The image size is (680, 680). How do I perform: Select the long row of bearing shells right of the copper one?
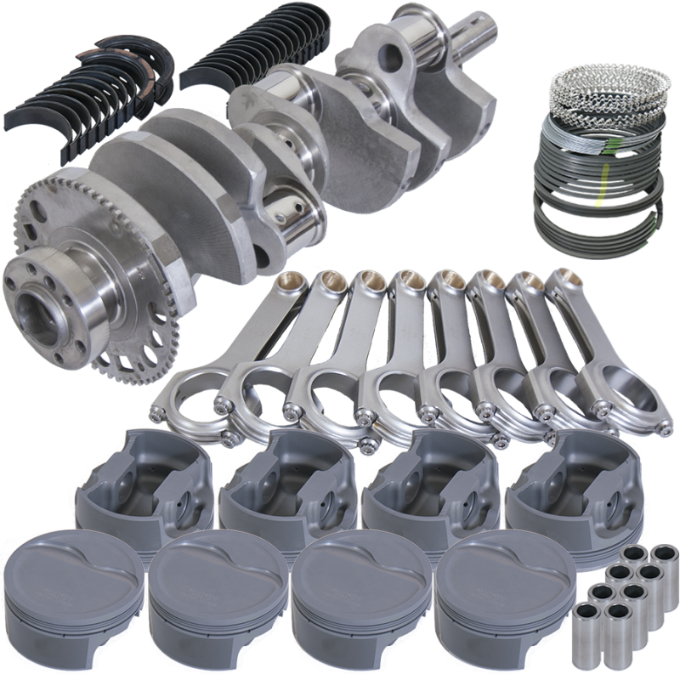click(255, 51)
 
